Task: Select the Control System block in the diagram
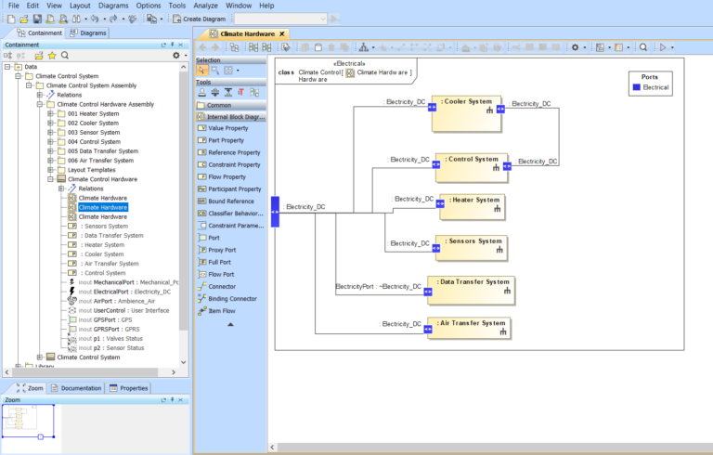point(473,165)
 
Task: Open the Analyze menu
point(206,6)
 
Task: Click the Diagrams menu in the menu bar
point(114,6)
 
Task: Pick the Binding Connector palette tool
point(232,298)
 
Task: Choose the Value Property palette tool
point(228,128)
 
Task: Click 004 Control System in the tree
point(93,142)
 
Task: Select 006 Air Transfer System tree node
point(98,161)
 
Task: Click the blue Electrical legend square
point(636,87)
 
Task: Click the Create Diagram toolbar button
point(201,19)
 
